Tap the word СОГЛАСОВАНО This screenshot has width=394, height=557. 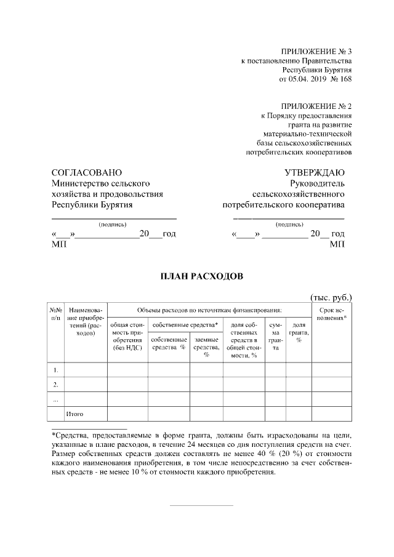[87, 172]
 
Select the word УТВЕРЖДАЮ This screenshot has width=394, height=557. [314, 172]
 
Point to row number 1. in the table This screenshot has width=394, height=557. [56, 370]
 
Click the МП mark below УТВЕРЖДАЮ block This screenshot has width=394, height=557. [337, 244]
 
